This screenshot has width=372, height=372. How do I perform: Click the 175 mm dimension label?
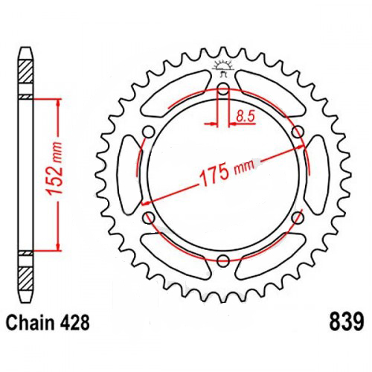coord(228,172)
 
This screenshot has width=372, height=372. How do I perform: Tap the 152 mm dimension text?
coord(55,169)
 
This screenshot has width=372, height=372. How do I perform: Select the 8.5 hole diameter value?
coord(246,116)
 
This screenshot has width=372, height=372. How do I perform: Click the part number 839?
coord(347,321)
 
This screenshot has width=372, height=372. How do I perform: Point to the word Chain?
coord(30,323)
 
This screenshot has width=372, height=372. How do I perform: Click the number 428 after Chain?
coord(74,323)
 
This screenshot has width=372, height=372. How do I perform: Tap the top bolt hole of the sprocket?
coord(223,89)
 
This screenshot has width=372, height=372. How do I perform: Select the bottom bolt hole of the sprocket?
coord(223,260)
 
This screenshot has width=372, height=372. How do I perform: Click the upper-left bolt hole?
coord(148,132)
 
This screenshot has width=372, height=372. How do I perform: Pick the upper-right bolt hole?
coord(298,131)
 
